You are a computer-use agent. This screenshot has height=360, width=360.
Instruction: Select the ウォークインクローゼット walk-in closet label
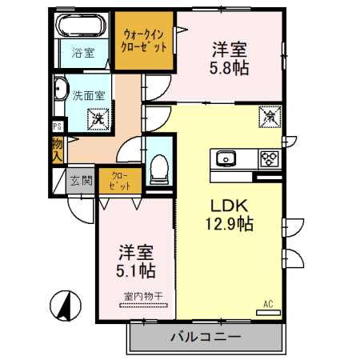pyautogui.click(x=145, y=40)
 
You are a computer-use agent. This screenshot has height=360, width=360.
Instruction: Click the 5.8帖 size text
pyautogui.click(x=230, y=68)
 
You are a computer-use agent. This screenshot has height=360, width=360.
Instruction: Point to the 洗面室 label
pyautogui.click(x=88, y=94)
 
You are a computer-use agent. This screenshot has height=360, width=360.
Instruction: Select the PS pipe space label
pyautogui.click(x=57, y=126)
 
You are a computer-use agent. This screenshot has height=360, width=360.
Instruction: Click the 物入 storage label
pyautogui.click(x=58, y=149)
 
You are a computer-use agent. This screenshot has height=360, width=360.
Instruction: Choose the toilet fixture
pyautogui.click(x=158, y=166)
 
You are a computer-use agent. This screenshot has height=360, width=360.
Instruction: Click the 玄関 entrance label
pyautogui.click(x=80, y=180)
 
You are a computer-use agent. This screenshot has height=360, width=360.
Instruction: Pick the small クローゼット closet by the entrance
pyautogui.click(x=121, y=179)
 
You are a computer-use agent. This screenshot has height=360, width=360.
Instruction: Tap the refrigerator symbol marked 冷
pyautogui.click(x=270, y=118)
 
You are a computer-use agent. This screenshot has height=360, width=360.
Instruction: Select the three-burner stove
pyautogui.click(x=270, y=157)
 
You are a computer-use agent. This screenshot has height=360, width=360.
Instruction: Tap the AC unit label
pyautogui.click(x=268, y=304)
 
